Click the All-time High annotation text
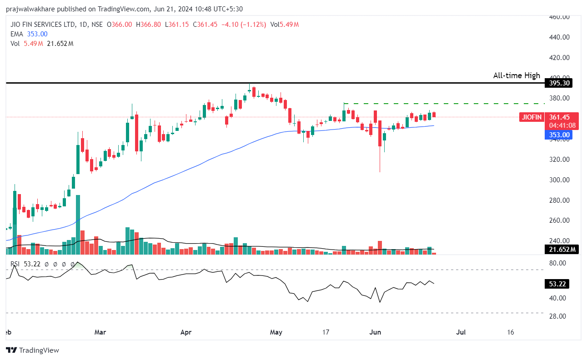click(517, 75)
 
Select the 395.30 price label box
click(558, 83)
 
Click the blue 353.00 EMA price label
click(558, 135)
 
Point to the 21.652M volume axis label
click(561, 249)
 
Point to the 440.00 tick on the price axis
click(560, 37)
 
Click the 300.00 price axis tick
click(560, 180)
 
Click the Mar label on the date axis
click(100, 332)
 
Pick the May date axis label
click(276, 332)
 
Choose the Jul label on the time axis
click(461, 332)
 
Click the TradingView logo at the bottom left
click(33, 350)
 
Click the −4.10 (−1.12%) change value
click(243, 25)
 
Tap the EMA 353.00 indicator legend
click(29, 34)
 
